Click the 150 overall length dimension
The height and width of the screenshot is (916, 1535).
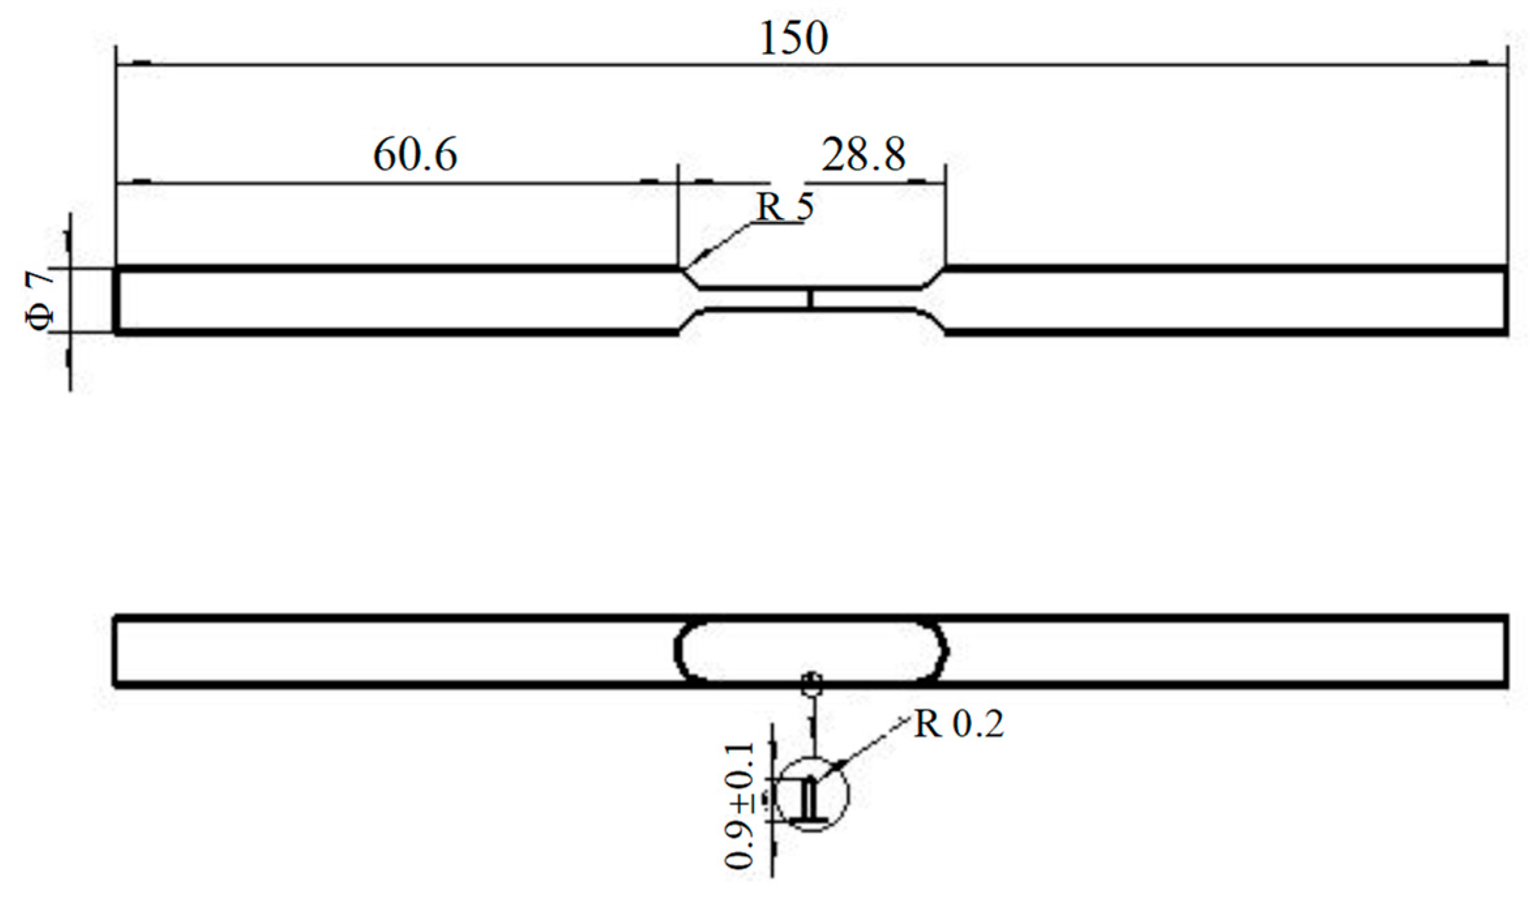point(793,38)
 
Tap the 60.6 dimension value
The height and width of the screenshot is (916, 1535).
point(415,155)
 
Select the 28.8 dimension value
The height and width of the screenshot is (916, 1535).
point(862,155)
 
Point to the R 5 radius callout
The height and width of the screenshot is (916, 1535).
point(785,207)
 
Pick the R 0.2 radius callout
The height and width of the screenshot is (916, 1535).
point(958,724)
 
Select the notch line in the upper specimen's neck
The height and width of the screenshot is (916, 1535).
point(810,298)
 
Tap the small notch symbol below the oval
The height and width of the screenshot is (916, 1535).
point(812,684)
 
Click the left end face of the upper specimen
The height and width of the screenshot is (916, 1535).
point(116,301)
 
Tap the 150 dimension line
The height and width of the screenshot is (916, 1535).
point(457,65)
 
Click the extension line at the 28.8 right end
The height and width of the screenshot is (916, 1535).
point(945,215)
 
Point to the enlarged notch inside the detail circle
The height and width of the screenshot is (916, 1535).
point(810,800)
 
